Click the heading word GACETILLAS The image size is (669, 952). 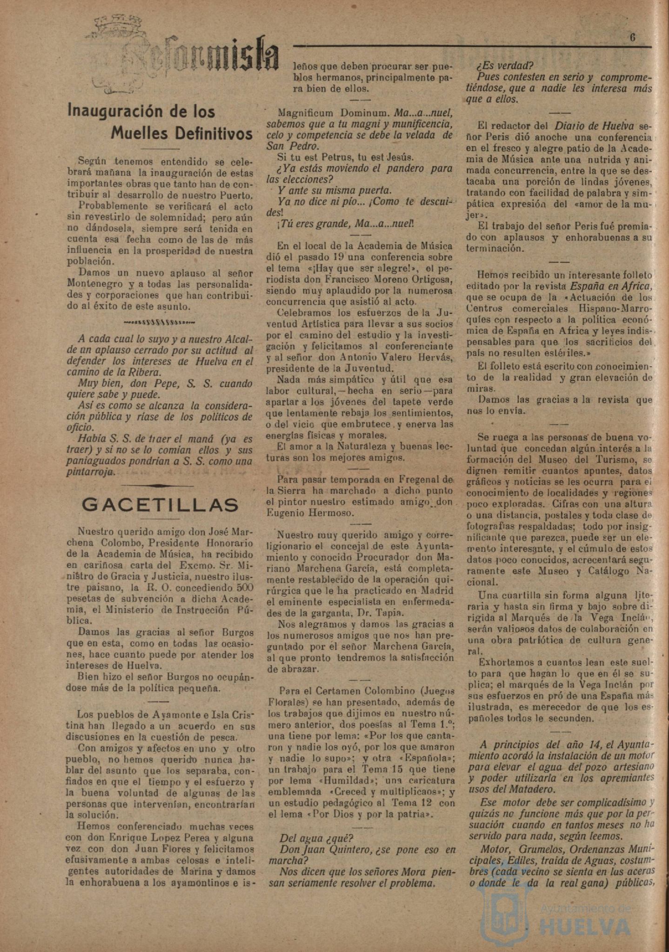tap(161, 505)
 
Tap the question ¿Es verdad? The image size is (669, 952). tap(506, 65)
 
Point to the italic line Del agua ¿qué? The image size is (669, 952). tap(316, 838)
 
